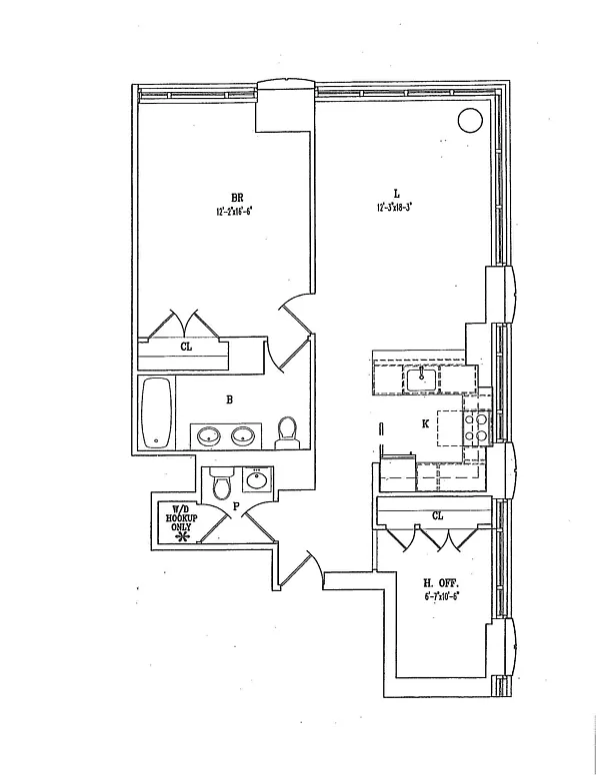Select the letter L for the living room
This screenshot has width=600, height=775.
(396, 194)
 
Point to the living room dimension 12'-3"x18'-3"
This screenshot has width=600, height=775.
(395, 208)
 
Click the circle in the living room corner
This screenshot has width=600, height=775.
(469, 121)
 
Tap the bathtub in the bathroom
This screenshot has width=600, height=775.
(155, 412)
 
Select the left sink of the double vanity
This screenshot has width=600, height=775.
(209, 435)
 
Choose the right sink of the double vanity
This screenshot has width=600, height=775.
(243, 435)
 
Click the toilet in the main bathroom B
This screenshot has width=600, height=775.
(288, 429)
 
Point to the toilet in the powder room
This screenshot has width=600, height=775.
(222, 483)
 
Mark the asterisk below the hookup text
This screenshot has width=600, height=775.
(182, 537)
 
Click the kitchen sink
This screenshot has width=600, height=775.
(422, 378)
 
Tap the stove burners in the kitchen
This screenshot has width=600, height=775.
(477, 427)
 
